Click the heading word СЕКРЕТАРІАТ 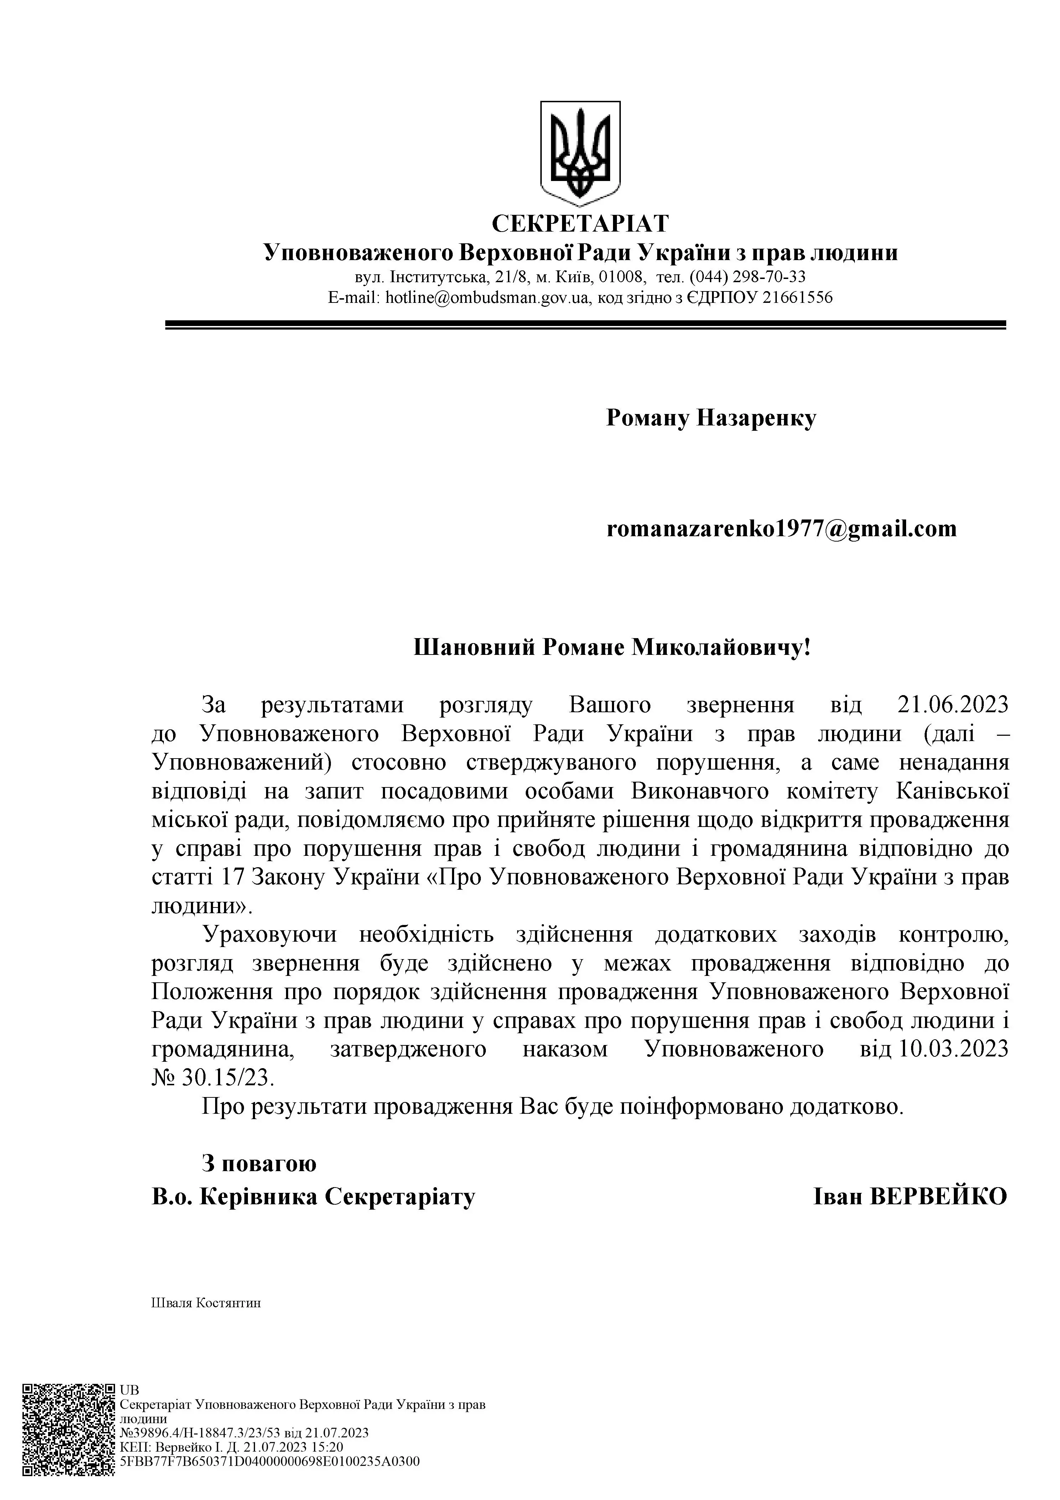[x=580, y=223]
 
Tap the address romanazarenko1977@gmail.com [x=781, y=528]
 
